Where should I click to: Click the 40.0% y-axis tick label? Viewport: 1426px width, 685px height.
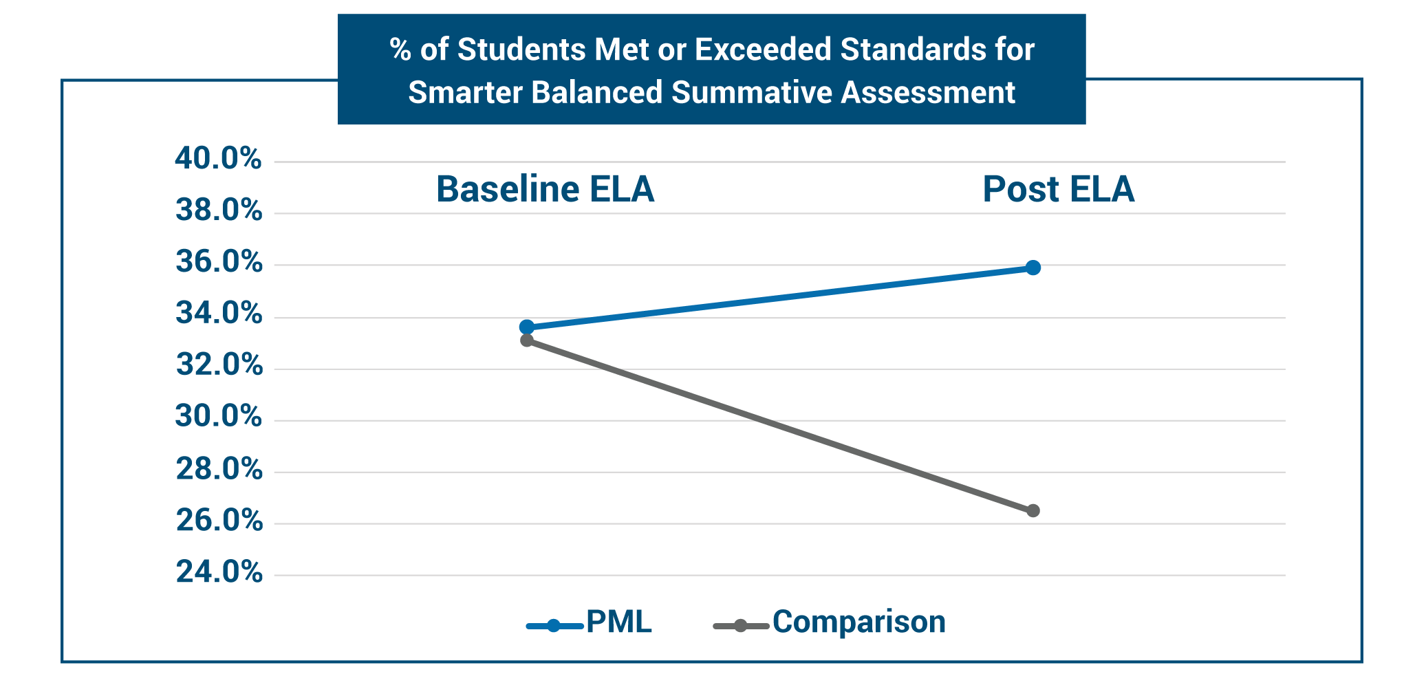point(218,159)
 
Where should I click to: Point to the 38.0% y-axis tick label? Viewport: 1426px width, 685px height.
point(219,210)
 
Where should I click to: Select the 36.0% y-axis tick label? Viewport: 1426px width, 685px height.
point(219,262)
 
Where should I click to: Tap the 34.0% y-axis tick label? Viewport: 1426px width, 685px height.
point(219,314)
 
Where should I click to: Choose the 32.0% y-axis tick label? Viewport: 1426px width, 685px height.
point(219,365)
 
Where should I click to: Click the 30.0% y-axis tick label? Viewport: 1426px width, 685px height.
point(219,417)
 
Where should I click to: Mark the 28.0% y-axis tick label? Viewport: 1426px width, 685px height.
point(219,469)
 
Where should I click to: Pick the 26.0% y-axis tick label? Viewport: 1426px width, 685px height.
point(219,521)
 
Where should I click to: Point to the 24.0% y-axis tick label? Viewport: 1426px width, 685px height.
point(219,572)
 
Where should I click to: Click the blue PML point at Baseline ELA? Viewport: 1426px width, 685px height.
point(527,327)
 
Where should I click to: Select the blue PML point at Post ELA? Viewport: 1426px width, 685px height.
point(1033,268)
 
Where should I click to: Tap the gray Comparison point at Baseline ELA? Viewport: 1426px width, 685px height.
point(527,340)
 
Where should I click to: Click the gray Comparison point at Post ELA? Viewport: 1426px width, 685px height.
point(1033,510)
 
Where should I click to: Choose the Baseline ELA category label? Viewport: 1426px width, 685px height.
point(545,189)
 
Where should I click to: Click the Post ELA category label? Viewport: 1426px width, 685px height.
point(1058,189)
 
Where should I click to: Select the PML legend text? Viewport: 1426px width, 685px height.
point(618,622)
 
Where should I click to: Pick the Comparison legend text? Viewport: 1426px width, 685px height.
point(858,622)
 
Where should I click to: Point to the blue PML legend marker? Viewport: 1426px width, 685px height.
point(554,626)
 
